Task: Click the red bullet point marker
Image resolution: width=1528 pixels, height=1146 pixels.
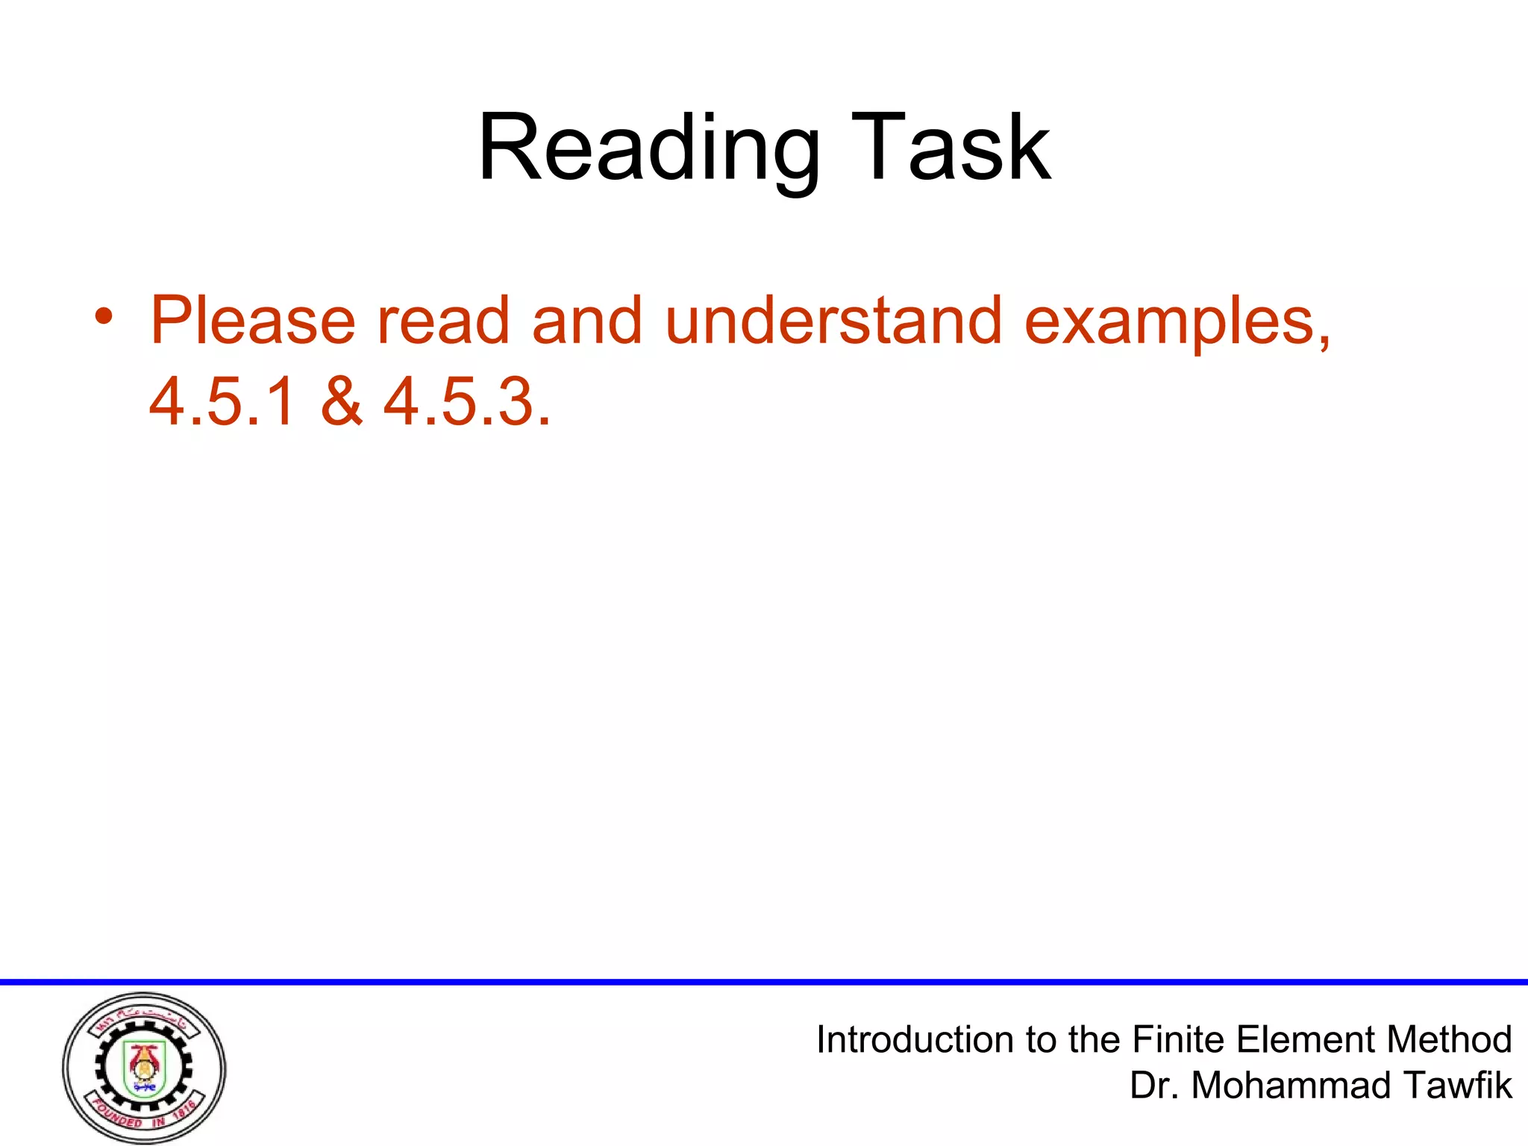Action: click(x=104, y=317)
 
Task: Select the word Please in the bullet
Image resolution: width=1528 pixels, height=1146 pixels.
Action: click(x=253, y=321)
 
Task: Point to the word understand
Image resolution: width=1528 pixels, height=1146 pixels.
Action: click(x=833, y=321)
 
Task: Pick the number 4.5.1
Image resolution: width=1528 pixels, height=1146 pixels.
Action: click(x=222, y=402)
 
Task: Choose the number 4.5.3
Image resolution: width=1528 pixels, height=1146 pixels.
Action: click(x=466, y=402)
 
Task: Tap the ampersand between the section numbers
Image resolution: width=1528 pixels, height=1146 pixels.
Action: click(x=341, y=402)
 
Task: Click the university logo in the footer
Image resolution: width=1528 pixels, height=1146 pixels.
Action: click(x=144, y=1068)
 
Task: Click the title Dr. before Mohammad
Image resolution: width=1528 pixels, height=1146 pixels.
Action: click(x=1154, y=1086)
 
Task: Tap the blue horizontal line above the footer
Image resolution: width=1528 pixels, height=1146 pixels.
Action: click(x=764, y=982)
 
